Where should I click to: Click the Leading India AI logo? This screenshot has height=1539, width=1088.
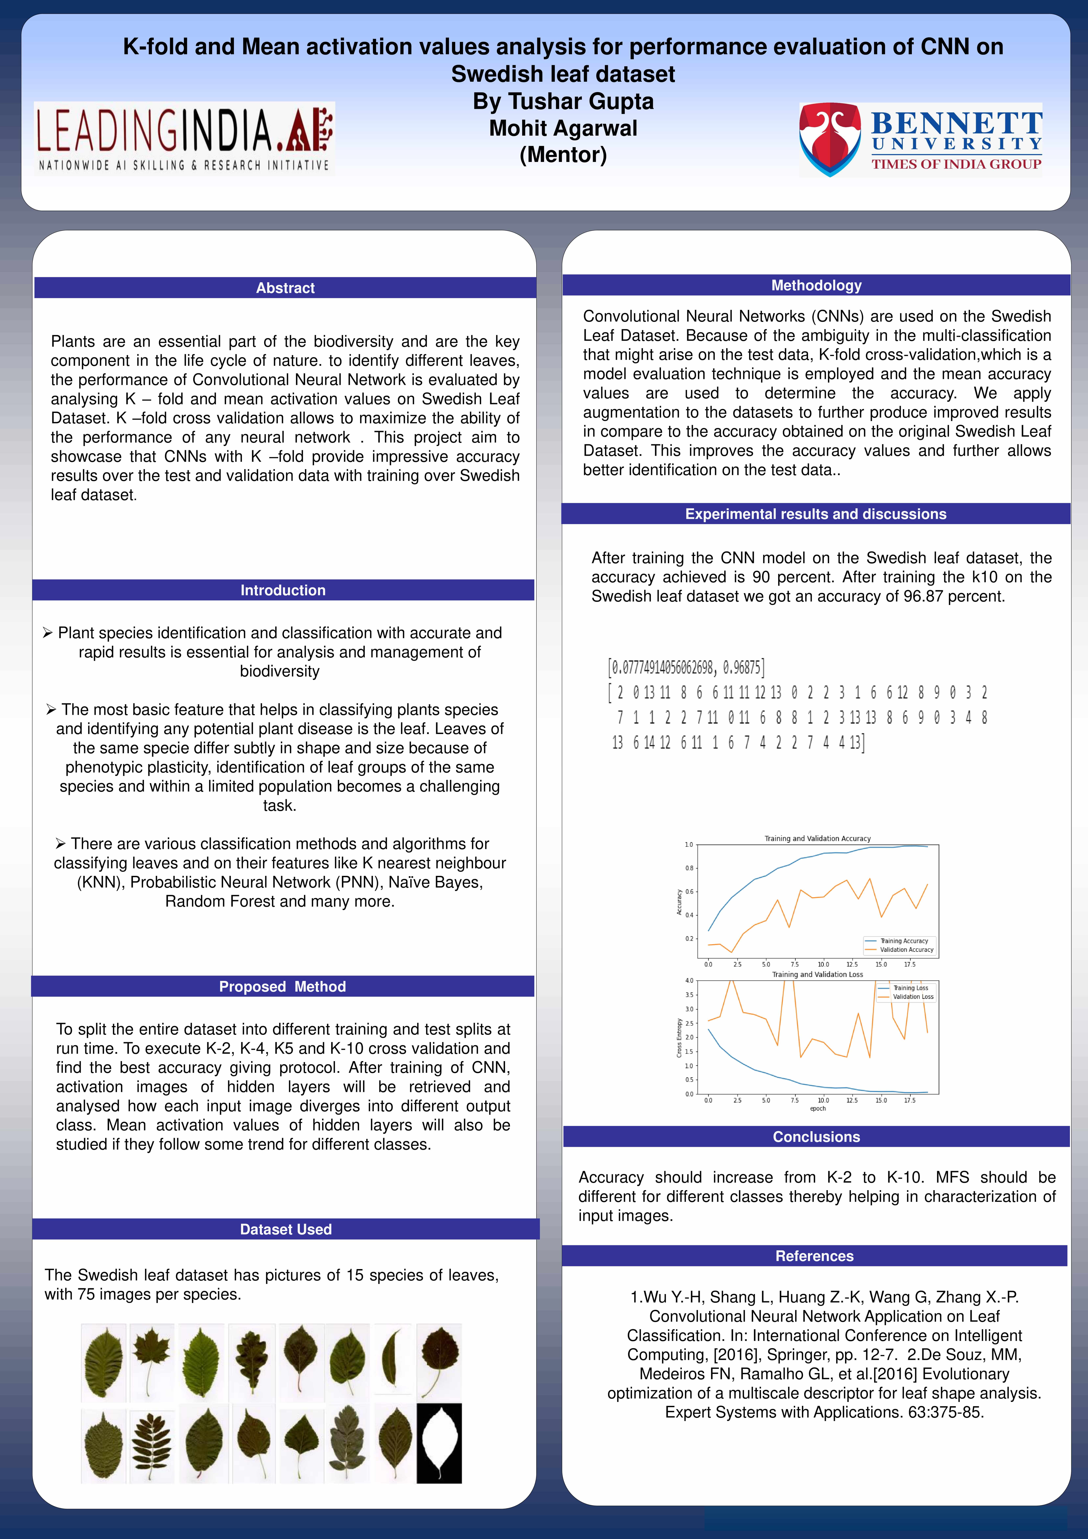pos(184,138)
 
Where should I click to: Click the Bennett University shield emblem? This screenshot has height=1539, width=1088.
pos(830,139)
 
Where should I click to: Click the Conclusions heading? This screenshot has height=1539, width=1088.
pos(816,1137)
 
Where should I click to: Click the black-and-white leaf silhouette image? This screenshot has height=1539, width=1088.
pos(439,1443)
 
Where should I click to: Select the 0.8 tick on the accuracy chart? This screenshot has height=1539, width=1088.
pos(689,868)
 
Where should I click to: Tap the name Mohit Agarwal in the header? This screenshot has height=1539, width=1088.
pos(563,128)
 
